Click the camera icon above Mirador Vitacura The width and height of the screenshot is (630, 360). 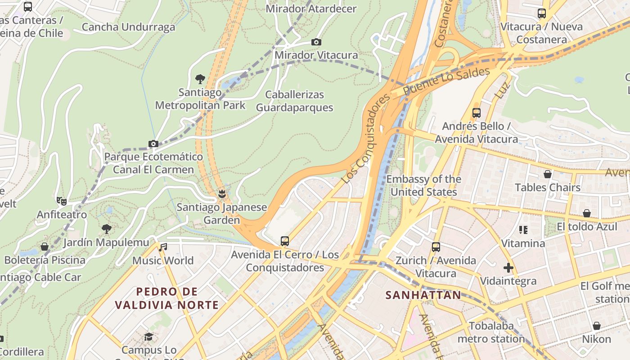[x=316, y=42]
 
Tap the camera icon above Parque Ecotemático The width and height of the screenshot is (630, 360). [x=153, y=144]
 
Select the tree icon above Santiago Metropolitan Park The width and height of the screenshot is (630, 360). [x=200, y=80]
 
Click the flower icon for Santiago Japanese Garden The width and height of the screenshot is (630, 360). [x=221, y=194]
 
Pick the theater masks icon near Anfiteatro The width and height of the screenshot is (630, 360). [x=62, y=201]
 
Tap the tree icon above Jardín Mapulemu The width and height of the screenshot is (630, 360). [x=106, y=229]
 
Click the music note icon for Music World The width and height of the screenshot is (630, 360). [x=163, y=247]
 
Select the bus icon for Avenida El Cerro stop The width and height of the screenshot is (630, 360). [x=284, y=241]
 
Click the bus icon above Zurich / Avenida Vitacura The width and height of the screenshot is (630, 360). [x=436, y=247]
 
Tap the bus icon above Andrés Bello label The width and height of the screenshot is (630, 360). [x=476, y=113]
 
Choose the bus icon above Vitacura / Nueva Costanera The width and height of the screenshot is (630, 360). [x=541, y=13]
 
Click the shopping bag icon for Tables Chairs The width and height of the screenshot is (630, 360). [x=548, y=174]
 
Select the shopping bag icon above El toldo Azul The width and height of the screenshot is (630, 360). [x=587, y=213]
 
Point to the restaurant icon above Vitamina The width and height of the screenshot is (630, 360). [x=523, y=230]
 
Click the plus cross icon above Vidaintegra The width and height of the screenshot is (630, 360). [x=508, y=268]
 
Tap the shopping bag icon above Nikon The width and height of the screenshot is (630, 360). [x=596, y=326]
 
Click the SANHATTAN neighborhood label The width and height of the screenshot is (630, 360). [x=423, y=295]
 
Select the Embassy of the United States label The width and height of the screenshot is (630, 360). [x=423, y=185]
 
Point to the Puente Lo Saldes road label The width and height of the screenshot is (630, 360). [x=446, y=81]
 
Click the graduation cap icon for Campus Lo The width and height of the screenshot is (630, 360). [x=148, y=337]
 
